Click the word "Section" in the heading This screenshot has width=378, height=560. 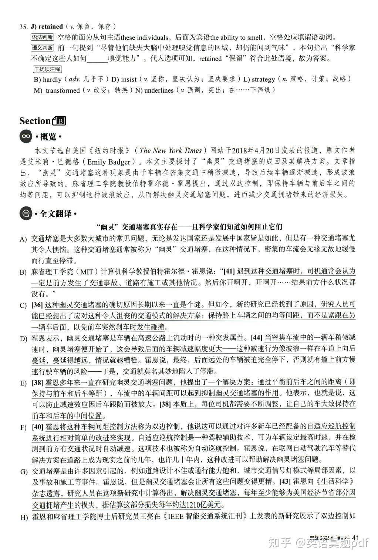(35, 121)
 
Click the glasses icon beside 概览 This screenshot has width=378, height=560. (26, 136)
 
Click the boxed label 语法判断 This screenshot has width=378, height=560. (42, 37)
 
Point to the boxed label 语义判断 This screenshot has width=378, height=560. (42, 48)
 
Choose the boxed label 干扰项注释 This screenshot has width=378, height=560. (47, 69)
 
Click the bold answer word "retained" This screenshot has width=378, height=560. (50, 26)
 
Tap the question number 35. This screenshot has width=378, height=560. (23, 27)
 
